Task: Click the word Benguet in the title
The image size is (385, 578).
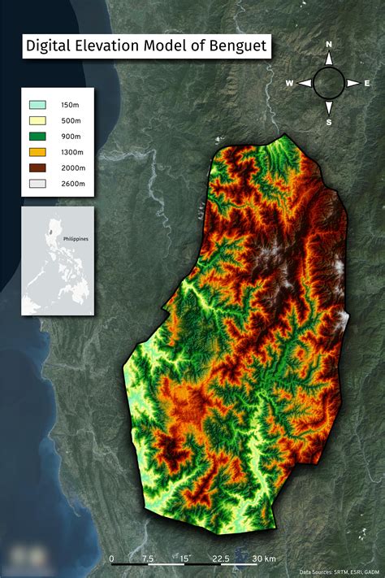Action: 235,46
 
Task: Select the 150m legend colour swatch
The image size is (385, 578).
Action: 37,105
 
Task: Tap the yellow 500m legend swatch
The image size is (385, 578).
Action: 37,120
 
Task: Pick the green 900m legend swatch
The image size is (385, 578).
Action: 37,136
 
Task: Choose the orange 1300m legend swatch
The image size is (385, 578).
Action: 37,151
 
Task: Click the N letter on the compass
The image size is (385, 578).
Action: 329,44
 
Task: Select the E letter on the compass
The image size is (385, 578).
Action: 367,83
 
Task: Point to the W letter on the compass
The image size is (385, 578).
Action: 290,83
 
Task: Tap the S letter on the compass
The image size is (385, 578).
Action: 329,122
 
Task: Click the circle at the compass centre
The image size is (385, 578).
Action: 329,82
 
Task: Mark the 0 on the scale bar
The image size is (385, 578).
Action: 111,558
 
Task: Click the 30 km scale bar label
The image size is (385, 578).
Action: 264,558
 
